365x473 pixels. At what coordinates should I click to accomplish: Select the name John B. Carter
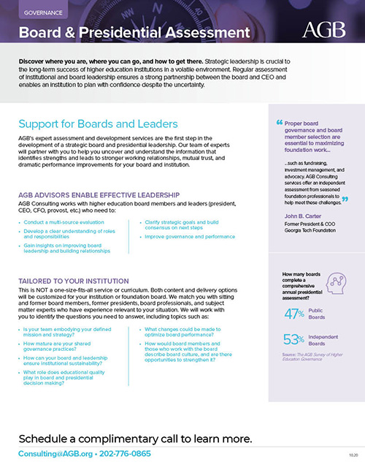click(301, 216)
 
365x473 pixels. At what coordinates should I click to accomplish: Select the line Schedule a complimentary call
click(135, 438)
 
